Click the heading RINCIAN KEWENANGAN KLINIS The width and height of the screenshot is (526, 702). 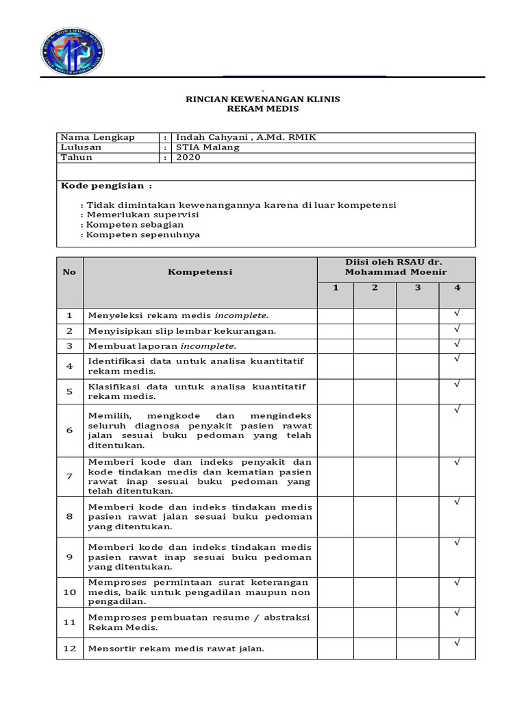click(263, 99)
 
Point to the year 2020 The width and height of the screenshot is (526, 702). click(188, 157)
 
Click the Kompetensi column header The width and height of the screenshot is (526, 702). click(200, 272)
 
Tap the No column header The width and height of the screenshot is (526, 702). click(69, 272)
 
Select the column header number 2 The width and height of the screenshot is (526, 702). click(375, 288)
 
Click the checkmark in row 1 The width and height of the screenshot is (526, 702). click(457, 313)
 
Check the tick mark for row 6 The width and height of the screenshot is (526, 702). click(457, 410)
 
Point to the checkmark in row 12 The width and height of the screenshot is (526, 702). click(457, 643)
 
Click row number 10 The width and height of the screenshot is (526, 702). click(69, 592)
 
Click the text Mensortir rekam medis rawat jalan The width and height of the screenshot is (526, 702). click(176, 649)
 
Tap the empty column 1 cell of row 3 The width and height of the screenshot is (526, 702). click(336, 346)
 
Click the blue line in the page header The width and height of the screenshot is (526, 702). click(304, 76)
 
